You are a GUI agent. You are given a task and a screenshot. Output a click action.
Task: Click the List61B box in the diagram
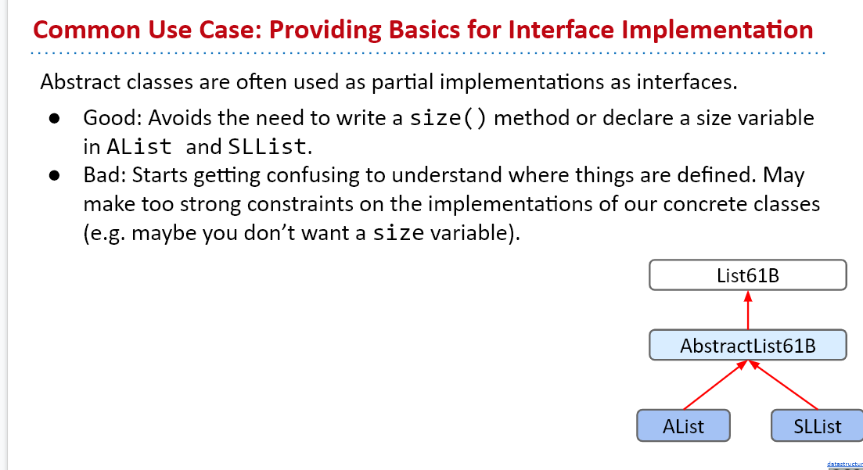click(747, 275)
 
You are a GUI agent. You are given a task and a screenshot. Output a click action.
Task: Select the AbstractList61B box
click(747, 345)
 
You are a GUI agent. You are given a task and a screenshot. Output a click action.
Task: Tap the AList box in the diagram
click(683, 425)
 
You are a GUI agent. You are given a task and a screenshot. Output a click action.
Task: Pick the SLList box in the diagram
click(818, 425)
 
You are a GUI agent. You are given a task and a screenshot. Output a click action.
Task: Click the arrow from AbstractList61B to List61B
click(747, 310)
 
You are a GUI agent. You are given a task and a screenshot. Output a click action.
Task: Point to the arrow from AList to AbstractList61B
click(715, 385)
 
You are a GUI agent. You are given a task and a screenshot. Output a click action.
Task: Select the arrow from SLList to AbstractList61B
click(783, 385)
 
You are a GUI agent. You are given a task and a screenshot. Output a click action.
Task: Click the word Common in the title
click(86, 30)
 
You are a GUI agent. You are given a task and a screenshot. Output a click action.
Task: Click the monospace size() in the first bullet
click(448, 118)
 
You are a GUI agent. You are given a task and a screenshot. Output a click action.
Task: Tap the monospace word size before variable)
click(398, 233)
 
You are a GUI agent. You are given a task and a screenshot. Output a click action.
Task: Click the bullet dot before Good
click(54, 118)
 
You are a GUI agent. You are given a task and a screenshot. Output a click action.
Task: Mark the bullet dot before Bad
click(54, 175)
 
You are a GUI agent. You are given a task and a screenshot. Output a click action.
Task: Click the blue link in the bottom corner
click(845, 465)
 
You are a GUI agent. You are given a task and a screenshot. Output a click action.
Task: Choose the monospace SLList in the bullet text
click(267, 147)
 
